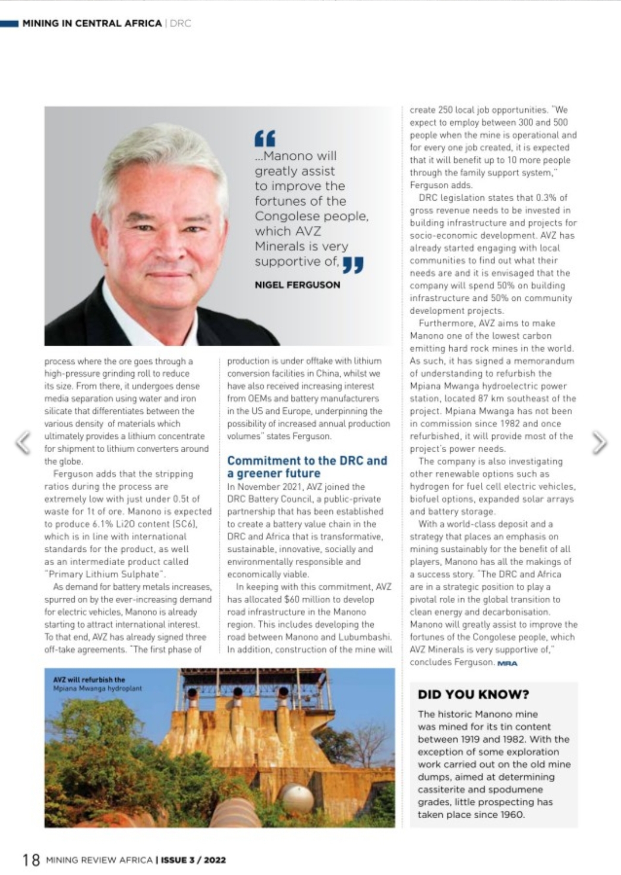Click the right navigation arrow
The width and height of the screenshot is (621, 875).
click(x=599, y=443)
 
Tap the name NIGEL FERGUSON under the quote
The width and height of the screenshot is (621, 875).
click(x=297, y=285)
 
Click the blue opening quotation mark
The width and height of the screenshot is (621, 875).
click(x=265, y=138)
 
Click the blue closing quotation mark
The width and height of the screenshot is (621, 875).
click(x=353, y=264)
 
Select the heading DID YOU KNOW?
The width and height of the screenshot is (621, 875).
click(x=473, y=694)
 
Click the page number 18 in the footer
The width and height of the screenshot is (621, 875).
click(x=31, y=860)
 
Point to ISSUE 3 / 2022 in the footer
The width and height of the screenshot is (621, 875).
click(x=193, y=860)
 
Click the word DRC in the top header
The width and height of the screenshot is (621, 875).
click(x=180, y=23)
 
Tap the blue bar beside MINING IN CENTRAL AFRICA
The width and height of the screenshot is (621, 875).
click(x=9, y=23)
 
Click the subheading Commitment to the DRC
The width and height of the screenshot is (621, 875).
click(x=307, y=461)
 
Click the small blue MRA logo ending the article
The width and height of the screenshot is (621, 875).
click(x=507, y=663)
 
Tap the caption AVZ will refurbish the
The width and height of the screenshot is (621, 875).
click(x=89, y=680)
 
